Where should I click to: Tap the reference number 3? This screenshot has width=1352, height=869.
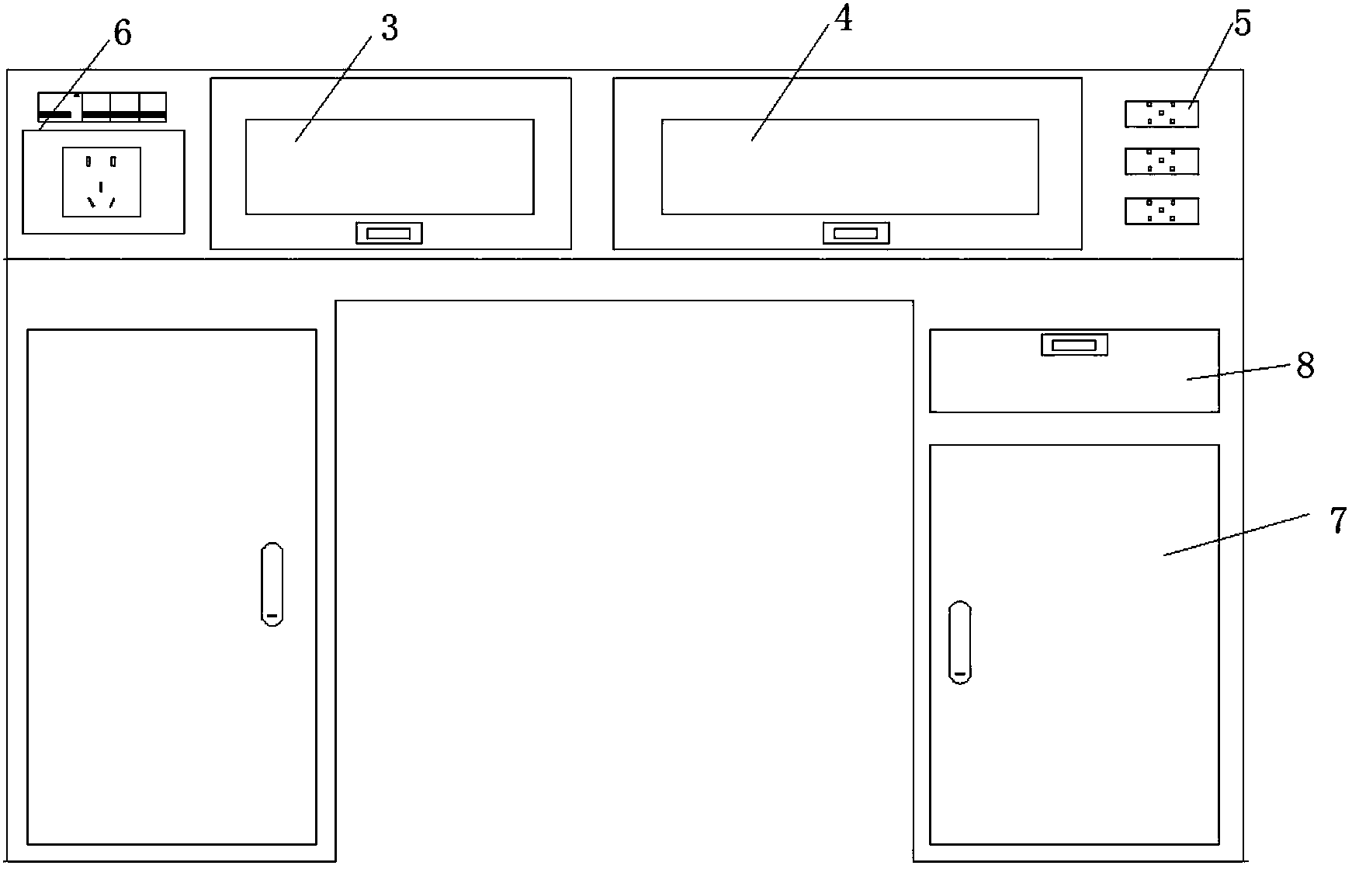tap(389, 29)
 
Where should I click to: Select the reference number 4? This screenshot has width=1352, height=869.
tap(843, 21)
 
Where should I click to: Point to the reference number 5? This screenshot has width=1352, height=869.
tap(1243, 24)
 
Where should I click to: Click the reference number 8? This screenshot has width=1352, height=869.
tap(1305, 365)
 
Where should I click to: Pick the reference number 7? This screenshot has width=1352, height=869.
tap(1338, 520)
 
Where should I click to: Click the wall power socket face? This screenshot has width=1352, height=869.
tap(102, 182)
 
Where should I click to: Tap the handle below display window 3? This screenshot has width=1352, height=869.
tap(389, 233)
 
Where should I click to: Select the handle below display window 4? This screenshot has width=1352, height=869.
tap(856, 233)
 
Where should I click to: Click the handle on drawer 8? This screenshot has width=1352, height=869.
tap(1073, 345)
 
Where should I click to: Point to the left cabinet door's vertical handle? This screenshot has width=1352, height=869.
tap(272, 584)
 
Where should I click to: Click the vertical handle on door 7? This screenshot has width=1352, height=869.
tap(960, 642)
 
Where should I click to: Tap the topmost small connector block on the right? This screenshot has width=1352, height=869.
tap(1161, 113)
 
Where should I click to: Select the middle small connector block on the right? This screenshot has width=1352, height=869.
tap(1161, 162)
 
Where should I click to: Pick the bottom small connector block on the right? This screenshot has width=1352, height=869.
tap(1161, 210)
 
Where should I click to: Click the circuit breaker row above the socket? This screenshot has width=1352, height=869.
tap(102, 107)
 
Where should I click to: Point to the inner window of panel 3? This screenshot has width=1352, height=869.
tap(390, 166)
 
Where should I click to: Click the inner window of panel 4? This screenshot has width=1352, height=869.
tap(850, 166)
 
